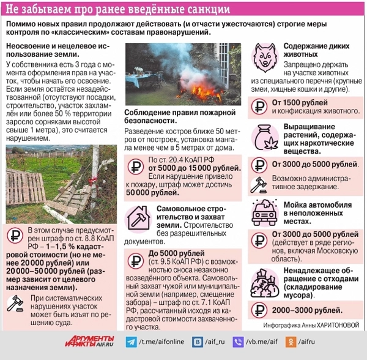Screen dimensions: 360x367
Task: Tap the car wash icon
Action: pyautogui.click(x=264, y=211)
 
